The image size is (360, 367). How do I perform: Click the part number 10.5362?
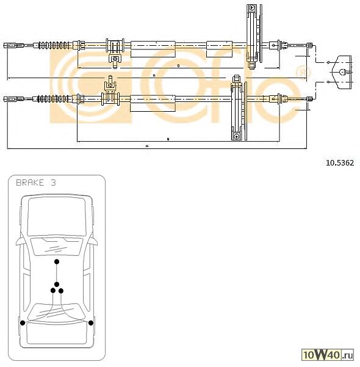(x=340, y=162)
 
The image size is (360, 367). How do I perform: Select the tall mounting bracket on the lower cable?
(x=236, y=110)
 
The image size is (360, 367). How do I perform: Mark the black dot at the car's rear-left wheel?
(x=23, y=322)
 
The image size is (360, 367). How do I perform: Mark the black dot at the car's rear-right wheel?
(x=91, y=322)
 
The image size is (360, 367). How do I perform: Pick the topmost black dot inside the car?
(x=57, y=261)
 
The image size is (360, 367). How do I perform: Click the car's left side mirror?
(x=18, y=240)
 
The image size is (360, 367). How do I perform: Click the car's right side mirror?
(x=96, y=240)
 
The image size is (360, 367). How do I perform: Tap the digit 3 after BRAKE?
(x=54, y=183)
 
